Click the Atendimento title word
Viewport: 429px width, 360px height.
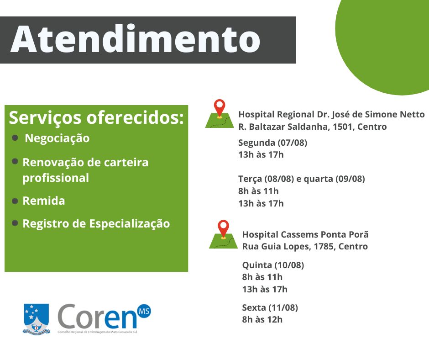pyautogui.click(x=135, y=39)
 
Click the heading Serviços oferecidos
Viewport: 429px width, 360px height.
pyautogui.click(x=96, y=118)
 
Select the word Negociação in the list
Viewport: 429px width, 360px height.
pyautogui.click(x=57, y=138)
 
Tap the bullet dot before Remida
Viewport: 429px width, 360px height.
pyautogui.click(x=15, y=201)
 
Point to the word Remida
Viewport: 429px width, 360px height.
pyautogui.click(x=44, y=201)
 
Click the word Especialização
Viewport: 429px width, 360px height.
pyautogui.click(x=130, y=224)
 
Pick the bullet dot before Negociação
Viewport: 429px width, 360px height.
pyautogui.click(x=15, y=138)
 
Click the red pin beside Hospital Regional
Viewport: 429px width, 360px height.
pyautogui.click(x=220, y=108)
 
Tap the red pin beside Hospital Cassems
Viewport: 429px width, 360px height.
pyautogui.click(x=224, y=229)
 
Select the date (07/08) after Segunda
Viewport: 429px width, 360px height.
pyautogui.click(x=292, y=143)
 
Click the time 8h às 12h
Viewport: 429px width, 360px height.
pyautogui.click(x=262, y=319)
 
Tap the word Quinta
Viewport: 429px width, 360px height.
pyautogui.click(x=257, y=265)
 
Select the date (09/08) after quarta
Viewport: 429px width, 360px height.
pyautogui.click(x=350, y=179)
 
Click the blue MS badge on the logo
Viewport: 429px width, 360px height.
pyautogui.click(x=144, y=311)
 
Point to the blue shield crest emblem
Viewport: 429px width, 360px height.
pyautogui.click(x=37, y=318)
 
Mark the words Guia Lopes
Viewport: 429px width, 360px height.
pyautogui.click(x=286, y=247)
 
